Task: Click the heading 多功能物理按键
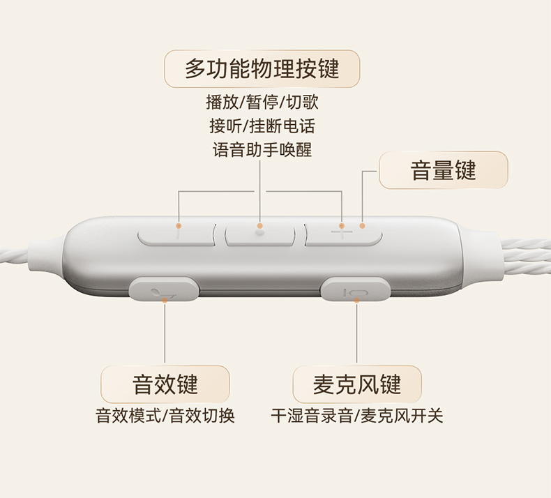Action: (262, 69)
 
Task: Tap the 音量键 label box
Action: (443, 170)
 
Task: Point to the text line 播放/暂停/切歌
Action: (262, 103)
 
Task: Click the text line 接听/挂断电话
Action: (262, 126)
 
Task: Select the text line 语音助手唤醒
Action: (262, 150)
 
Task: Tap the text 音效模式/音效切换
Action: (165, 416)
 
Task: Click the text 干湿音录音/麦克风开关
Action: (356, 416)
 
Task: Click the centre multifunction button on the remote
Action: (261, 233)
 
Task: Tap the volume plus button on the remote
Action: (343, 233)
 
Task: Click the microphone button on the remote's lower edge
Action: (354, 289)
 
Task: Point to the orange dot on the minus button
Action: (179, 225)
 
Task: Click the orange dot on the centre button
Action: (260, 225)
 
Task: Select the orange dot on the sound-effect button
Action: (165, 300)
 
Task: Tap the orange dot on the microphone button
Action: (356, 300)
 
